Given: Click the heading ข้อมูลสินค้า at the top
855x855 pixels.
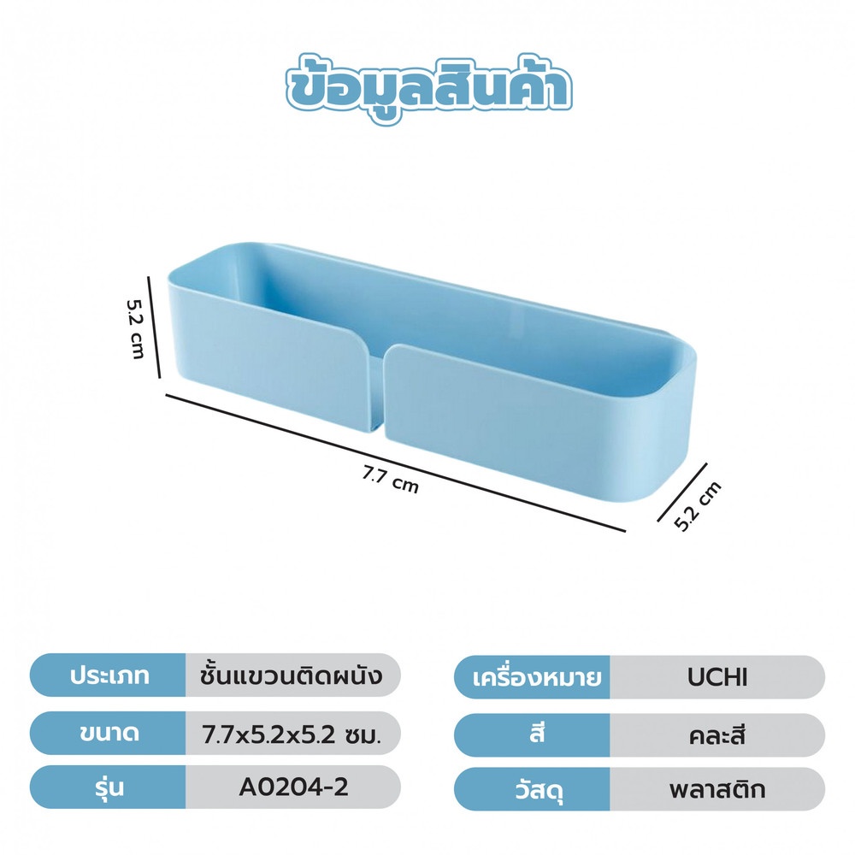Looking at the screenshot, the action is [428, 90].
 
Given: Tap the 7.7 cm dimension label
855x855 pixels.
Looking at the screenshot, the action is [391, 481].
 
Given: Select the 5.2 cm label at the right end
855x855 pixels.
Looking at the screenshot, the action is [698, 506].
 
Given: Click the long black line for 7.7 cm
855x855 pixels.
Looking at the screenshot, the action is [395, 462].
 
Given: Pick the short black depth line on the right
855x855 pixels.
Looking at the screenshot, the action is [682, 492].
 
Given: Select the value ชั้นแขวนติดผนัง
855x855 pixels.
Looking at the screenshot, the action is [292, 675].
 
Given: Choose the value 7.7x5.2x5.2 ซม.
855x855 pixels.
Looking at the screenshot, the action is [292, 735].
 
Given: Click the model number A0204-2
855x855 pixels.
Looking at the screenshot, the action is [293, 787].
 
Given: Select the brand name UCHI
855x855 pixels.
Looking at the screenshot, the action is [717, 677].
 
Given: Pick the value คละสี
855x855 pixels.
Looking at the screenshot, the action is [717, 735].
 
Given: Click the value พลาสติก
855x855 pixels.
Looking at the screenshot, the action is [717, 789].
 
